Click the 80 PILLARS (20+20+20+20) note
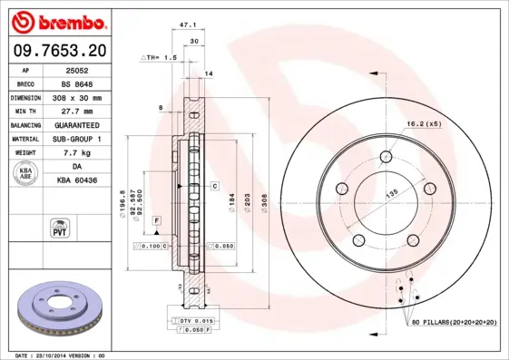click(453, 321)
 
